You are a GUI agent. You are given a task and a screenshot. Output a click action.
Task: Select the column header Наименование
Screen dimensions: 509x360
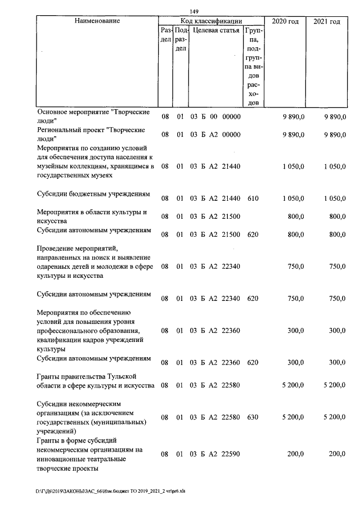97,21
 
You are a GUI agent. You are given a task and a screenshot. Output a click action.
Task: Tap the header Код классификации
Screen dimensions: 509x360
211,21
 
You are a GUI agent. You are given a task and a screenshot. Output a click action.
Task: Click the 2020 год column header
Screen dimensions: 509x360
285,21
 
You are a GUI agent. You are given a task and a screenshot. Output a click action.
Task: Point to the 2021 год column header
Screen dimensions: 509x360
326,21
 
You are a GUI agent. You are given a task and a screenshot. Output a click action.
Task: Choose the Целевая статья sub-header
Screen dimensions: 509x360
216,30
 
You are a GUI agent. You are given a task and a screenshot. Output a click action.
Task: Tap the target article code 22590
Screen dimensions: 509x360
231,454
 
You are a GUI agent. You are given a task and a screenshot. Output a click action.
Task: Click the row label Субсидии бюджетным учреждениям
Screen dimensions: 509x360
93,194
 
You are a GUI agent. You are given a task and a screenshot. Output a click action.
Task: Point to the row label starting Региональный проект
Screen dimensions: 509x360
91,134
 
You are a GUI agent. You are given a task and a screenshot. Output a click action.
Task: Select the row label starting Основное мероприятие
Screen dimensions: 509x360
93,116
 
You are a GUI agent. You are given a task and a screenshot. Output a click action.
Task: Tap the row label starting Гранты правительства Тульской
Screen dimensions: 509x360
95,381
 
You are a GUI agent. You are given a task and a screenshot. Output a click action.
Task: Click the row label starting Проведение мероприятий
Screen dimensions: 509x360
95,262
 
